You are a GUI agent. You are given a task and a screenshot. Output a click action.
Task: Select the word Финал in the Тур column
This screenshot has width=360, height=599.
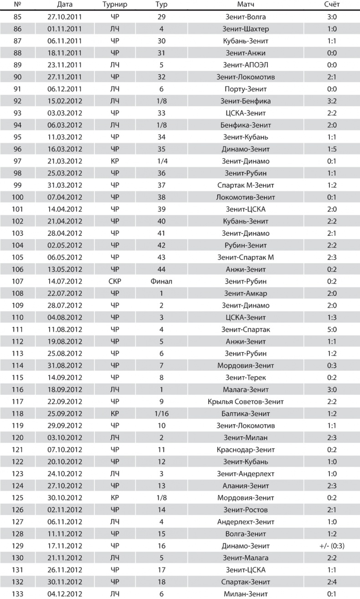(x=161, y=281)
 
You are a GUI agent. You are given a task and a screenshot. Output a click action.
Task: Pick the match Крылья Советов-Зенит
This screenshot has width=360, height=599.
(x=246, y=402)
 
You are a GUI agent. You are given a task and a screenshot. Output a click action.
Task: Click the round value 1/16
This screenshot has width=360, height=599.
(x=161, y=413)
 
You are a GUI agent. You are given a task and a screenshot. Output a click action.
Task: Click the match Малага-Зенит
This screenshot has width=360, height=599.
(x=246, y=389)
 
